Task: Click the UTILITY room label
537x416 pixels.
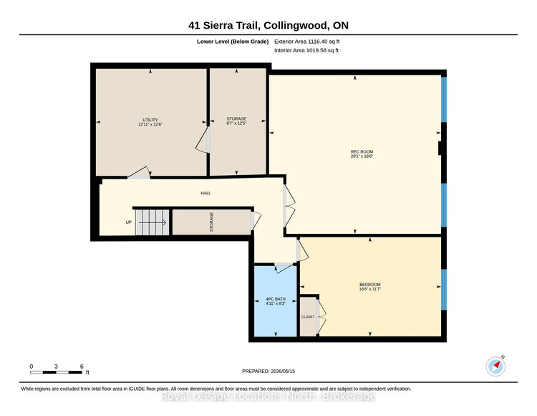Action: click(150, 120)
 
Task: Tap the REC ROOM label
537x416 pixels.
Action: click(362, 151)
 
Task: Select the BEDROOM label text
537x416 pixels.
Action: click(370, 285)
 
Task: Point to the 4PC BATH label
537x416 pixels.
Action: click(276, 299)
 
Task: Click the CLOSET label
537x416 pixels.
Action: click(308, 317)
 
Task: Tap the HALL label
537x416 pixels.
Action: click(205, 193)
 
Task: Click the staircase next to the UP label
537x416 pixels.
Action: click(153, 222)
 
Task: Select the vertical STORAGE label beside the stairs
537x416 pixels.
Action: click(211, 222)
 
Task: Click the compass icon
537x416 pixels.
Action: click(495, 367)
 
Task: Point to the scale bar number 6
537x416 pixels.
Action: click(82, 367)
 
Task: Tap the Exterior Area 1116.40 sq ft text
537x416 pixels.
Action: click(307, 42)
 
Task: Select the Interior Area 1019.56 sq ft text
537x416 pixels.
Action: click(306, 50)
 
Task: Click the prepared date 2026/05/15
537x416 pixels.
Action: click(283, 371)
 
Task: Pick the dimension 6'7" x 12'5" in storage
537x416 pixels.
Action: click(236, 123)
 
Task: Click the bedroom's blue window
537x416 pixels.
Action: click(444, 290)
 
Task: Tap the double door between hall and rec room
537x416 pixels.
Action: click(289, 206)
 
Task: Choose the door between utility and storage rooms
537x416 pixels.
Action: click(203, 140)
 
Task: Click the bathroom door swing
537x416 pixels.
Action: click(284, 267)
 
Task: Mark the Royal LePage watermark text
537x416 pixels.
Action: click(268, 397)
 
